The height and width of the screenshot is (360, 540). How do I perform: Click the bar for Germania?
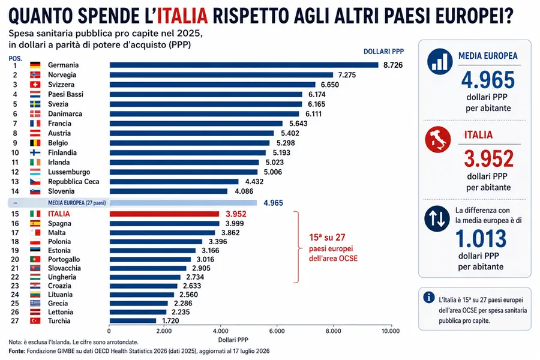(244, 65)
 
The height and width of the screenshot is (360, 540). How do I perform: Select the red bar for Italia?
(164, 214)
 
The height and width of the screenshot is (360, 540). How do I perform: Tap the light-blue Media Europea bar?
(183, 203)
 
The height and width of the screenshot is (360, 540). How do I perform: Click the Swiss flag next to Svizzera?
(35, 85)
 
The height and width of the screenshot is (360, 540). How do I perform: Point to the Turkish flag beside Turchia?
(35, 321)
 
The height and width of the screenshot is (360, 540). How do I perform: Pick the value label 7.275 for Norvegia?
(347, 75)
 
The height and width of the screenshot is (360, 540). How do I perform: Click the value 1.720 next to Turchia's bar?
(170, 321)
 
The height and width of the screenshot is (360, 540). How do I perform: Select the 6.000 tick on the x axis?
(277, 331)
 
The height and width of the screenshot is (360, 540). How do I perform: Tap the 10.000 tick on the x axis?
(390, 331)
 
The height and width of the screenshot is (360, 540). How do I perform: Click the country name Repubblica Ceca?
(73, 182)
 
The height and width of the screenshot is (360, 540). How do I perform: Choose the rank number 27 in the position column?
(15, 321)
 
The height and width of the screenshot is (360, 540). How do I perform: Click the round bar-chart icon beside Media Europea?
(440, 62)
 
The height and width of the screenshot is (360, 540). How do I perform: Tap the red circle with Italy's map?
(438, 140)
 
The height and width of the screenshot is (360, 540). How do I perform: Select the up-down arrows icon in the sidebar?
(437, 219)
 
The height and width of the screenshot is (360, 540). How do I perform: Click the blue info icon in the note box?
(429, 298)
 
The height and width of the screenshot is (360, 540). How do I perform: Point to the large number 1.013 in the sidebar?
(481, 239)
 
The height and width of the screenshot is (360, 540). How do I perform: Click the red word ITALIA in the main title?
(182, 16)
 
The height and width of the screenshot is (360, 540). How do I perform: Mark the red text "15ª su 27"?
(327, 238)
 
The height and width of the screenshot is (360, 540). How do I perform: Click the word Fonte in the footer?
(17, 351)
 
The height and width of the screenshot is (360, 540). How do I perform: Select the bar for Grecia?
(139, 304)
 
